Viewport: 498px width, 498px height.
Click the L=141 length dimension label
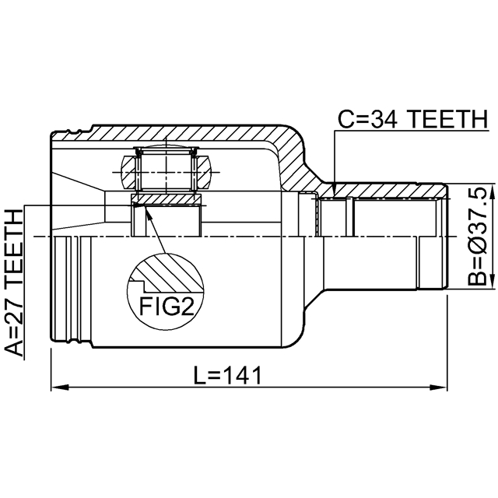coord(228,375)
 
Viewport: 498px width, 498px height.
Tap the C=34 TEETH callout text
coord(412,119)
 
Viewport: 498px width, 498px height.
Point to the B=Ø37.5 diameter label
coord(477,236)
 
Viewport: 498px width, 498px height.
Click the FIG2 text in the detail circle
coord(167,307)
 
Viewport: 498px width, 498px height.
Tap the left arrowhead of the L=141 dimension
coord(60,388)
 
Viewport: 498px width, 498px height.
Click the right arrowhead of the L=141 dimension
coord(438,388)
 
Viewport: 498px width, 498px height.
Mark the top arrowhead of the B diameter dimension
coord(492,192)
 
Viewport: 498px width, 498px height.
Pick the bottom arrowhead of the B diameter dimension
coord(492,280)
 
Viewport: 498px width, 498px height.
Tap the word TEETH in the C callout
coord(447,119)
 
